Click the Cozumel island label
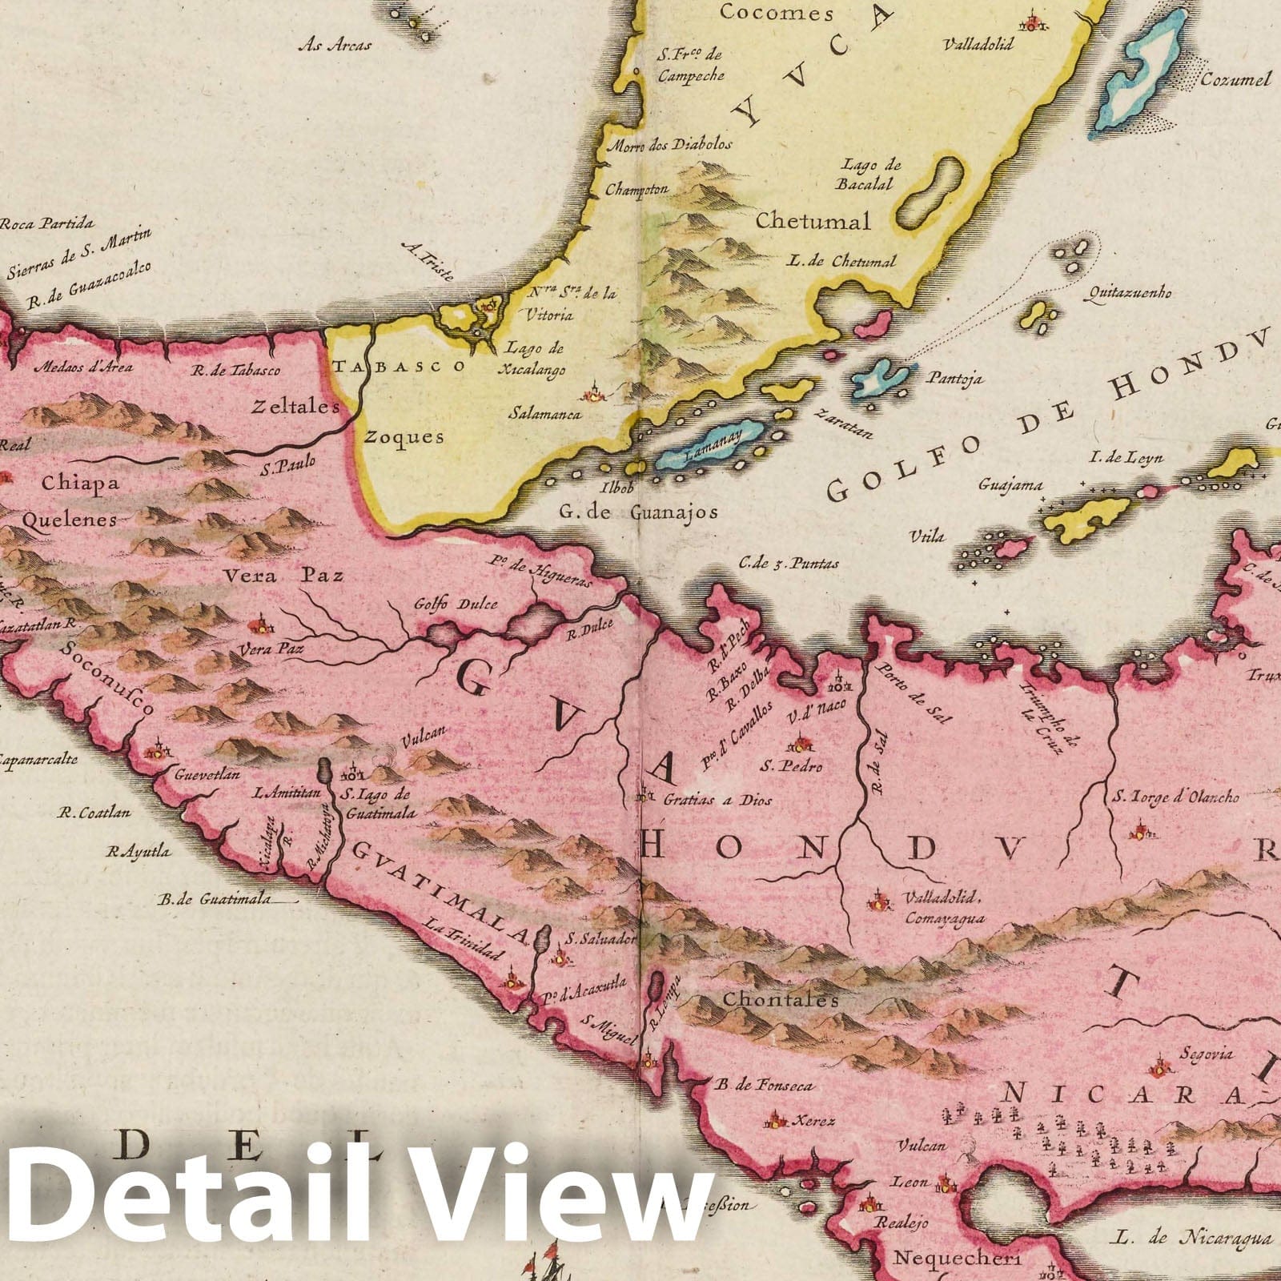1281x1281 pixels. click(x=1235, y=79)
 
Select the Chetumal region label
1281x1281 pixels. click(x=813, y=221)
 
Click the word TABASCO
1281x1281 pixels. click(x=399, y=366)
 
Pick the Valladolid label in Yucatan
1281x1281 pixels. click(x=978, y=44)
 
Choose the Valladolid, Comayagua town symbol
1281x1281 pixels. click(x=878, y=900)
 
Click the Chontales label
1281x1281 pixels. click(x=780, y=1000)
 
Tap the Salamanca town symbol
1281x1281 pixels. click(x=594, y=392)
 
